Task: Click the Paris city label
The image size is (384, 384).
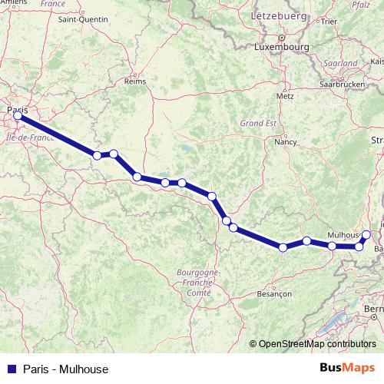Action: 17,110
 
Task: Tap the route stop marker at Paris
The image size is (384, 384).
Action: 18,116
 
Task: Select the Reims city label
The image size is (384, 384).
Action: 135,80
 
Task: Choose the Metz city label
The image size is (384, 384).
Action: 286,97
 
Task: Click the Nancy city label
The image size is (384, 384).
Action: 286,142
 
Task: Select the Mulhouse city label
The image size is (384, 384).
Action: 344,233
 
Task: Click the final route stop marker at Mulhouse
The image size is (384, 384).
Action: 366,234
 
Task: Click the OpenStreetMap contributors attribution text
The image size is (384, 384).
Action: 317,344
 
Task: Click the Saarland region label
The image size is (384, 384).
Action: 342,63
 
